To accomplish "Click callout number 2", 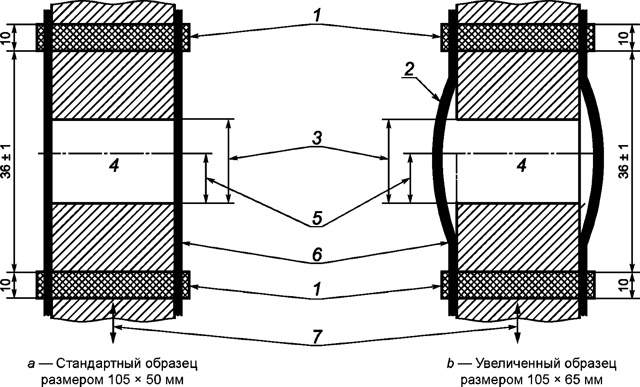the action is click(410, 70).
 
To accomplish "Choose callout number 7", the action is click(317, 337).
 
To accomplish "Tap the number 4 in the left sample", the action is click(113, 166).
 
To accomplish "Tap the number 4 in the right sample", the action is click(522, 166).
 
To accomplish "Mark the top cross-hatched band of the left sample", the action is click(113, 37).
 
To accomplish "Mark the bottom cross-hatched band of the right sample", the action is click(518, 285).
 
